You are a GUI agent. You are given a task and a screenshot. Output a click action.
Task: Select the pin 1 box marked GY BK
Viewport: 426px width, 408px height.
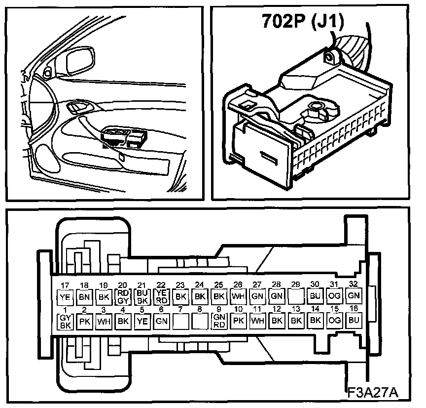click(x=65, y=322)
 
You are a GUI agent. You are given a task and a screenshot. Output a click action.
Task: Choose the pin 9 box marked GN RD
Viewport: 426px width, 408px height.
click(x=219, y=321)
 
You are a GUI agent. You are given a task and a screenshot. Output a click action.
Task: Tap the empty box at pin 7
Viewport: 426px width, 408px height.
click(x=180, y=321)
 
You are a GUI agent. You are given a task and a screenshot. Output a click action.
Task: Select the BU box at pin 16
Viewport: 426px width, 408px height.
click(x=353, y=320)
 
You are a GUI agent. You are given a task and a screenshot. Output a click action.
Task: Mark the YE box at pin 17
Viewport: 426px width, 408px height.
click(x=65, y=298)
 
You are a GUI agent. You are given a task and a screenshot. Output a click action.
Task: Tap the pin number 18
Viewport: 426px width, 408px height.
click(x=84, y=286)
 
